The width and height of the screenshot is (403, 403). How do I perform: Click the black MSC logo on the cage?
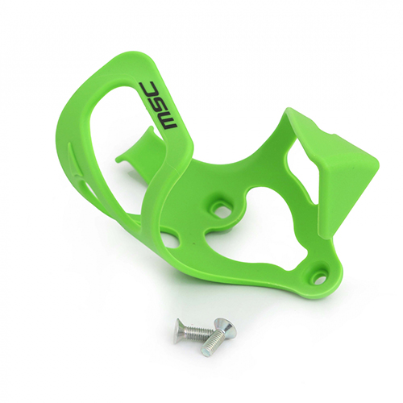158,106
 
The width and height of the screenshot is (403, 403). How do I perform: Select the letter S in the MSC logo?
158,104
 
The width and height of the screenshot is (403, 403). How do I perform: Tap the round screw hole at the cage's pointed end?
318,276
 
